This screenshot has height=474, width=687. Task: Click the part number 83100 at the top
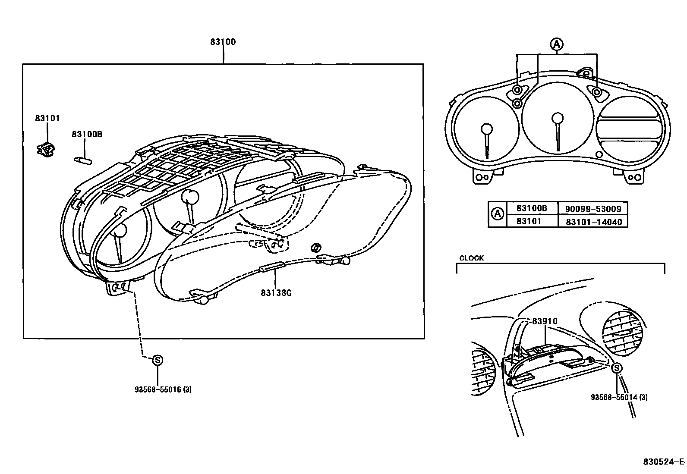[x=223, y=42]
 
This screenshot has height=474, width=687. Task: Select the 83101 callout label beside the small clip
[x=47, y=118]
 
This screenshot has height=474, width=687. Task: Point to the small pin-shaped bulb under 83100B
[x=83, y=160]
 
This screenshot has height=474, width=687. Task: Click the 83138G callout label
[x=276, y=293]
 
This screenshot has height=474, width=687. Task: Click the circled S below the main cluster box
[x=158, y=360]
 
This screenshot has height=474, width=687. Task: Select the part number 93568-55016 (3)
[x=163, y=389]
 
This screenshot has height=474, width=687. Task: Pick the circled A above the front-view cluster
[x=557, y=44]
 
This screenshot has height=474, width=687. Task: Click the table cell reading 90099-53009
[x=593, y=209]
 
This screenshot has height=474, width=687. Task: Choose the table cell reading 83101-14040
[x=593, y=222]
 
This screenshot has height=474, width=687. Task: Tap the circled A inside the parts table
[x=498, y=214]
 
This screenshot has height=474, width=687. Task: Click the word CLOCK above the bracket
[x=471, y=258]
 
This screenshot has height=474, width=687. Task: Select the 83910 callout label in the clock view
[x=545, y=321]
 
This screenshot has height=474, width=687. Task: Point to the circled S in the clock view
[x=617, y=368]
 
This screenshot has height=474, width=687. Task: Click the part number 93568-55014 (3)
[x=619, y=397]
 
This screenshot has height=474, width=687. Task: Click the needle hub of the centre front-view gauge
[x=558, y=118]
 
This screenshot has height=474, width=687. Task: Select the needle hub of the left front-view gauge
[x=486, y=129]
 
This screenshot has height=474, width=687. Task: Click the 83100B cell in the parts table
[x=532, y=208]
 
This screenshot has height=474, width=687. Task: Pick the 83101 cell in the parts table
[x=529, y=221]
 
